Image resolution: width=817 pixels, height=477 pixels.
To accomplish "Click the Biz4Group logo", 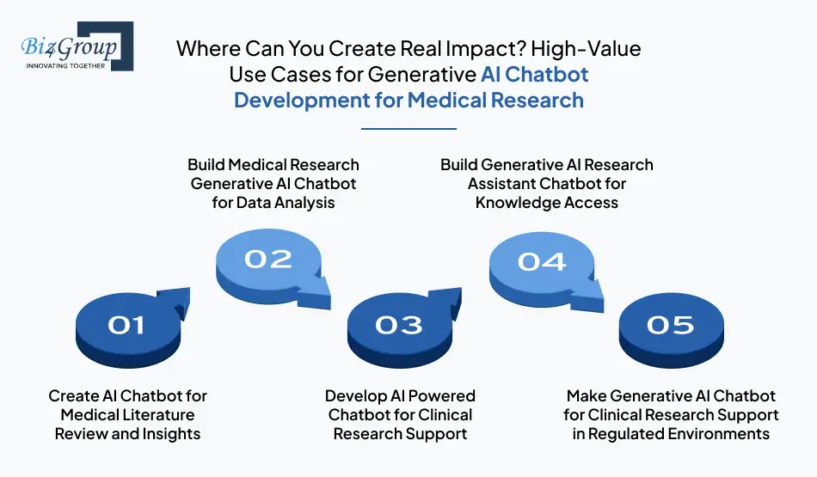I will pyautogui.click(x=76, y=46).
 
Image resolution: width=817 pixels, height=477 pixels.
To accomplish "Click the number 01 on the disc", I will pyautogui.click(x=126, y=325).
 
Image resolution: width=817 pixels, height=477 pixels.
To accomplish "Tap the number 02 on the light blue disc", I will pyautogui.click(x=267, y=259).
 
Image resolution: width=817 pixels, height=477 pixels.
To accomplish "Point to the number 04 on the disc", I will pyautogui.click(x=542, y=260).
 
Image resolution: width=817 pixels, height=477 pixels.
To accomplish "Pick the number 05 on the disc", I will pyautogui.click(x=670, y=325).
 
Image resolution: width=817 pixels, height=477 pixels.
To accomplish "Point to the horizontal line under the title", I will pyautogui.click(x=408, y=129).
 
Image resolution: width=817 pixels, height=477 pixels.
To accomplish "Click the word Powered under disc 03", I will pyautogui.click(x=439, y=396).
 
